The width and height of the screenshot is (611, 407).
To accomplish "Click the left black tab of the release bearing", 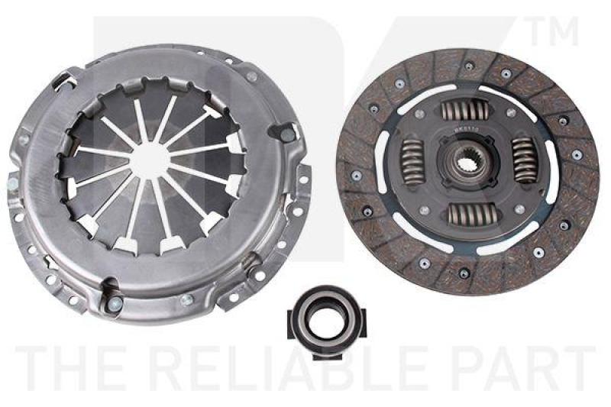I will tap(291, 315).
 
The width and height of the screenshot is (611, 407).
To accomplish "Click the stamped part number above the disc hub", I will tap(465, 131).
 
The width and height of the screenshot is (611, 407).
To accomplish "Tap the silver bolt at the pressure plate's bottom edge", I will tap(115, 305).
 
